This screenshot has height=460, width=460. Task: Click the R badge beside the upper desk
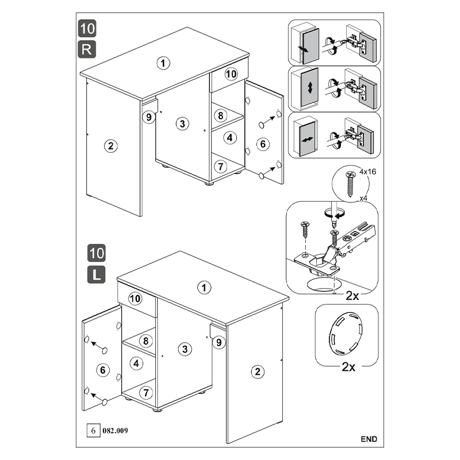point(87,49)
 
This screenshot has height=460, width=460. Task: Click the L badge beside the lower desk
point(96,275)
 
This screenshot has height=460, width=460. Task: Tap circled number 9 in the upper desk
point(149,117)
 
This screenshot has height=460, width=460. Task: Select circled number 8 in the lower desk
point(146,340)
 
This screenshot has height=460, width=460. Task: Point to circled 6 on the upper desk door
point(263,144)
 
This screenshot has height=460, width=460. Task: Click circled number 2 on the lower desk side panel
point(258,371)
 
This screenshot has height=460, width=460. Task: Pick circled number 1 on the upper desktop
point(163,63)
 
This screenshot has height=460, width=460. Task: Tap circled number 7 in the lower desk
point(146,393)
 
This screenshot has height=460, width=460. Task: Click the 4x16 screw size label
point(367,171)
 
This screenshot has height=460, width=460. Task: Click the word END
point(369,439)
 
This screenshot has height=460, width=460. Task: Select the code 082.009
point(115,431)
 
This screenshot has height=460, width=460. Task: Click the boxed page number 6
point(93,431)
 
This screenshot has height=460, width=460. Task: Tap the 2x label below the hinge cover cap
point(348,367)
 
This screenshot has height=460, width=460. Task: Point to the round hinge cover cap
point(346,333)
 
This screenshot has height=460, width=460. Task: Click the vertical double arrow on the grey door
point(310,88)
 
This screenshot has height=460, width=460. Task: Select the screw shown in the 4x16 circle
point(350,184)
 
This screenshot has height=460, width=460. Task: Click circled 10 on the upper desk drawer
point(231,74)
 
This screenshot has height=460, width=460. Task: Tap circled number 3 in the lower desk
point(185,349)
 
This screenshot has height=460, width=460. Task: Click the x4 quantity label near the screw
point(363,198)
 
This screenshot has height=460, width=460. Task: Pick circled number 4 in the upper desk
point(229,137)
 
